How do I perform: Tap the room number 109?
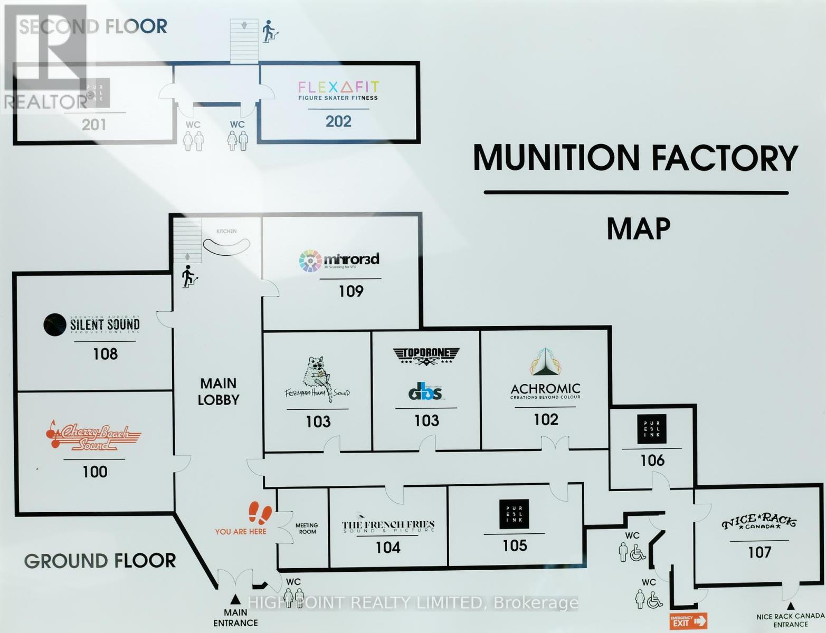pyautogui.click(x=351, y=291)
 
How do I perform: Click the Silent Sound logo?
pyautogui.click(x=92, y=324)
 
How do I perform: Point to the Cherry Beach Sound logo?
pyautogui.click(x=93, y=435)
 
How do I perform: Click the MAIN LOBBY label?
pyautogui.click(x=219, y=391)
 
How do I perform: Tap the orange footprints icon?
pyautogui.click(x=260, y=513)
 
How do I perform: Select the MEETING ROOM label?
pyautogui.click(x=307, y=529)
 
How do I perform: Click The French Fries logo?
pyautogui.click(x=388, y=526)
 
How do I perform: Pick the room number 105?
pyautogui.click(x=515, y=545)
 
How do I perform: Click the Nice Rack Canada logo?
pyautogui.click(x=759, y=522)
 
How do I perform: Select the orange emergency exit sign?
pyautogui.click(x=688, y=621)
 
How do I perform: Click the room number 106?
pyautogui.click(x=652, y=461)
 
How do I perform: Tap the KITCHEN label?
pyautogui.click(x=226, y=231)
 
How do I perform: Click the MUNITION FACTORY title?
pyautogui.click(x=635, y=158)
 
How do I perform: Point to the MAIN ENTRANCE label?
pyautogui.click(x=235, y=618)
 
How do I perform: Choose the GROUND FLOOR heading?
pyautogui.click(x=100, y=561)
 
